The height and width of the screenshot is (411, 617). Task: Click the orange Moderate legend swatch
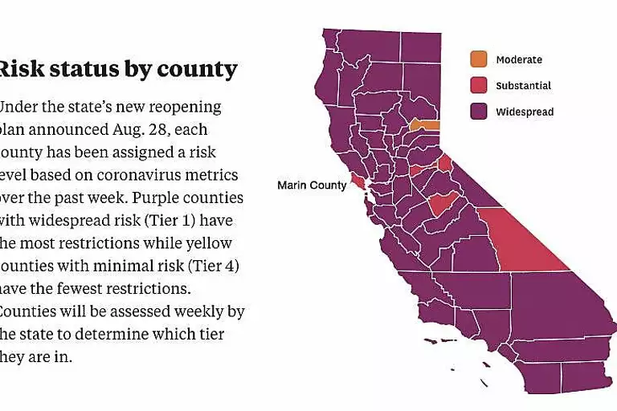tap(479, 59)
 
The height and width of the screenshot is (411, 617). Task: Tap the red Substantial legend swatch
tap(479, 86)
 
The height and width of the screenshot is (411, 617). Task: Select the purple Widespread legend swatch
tap(479, 112)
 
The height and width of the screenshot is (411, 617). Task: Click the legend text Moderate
tap(518, 59)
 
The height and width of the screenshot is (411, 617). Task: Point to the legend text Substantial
tap(523, 86)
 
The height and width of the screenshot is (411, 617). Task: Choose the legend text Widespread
tap(525, 112)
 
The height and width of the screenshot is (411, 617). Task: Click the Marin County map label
tap(312, 185)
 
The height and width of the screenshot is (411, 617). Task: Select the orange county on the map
tap(425, 125)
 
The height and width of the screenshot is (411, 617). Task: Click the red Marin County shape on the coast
tap(357, 182)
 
